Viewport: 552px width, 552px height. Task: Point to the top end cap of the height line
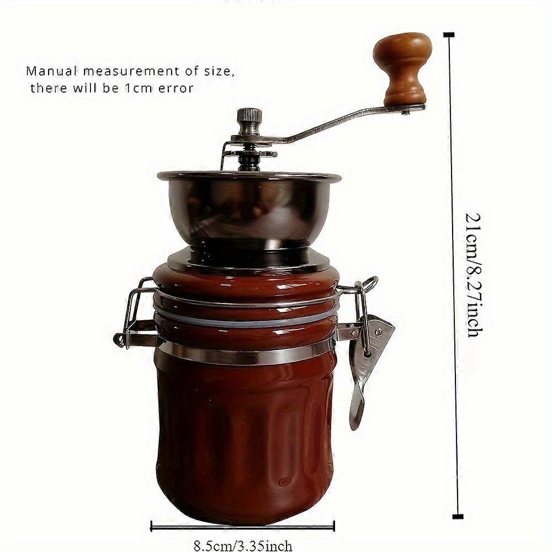448,35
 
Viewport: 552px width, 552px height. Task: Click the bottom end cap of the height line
458,517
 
